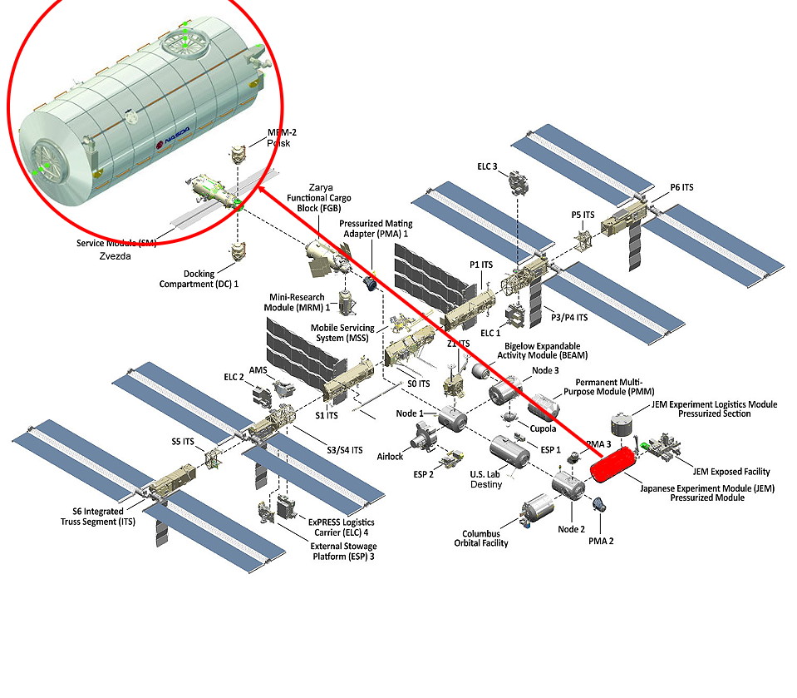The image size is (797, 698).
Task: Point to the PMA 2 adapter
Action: [x=598, y=504]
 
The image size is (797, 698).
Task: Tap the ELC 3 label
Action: [x=488, y=166]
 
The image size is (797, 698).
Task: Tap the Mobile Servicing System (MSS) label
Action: [x=343, y=334]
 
